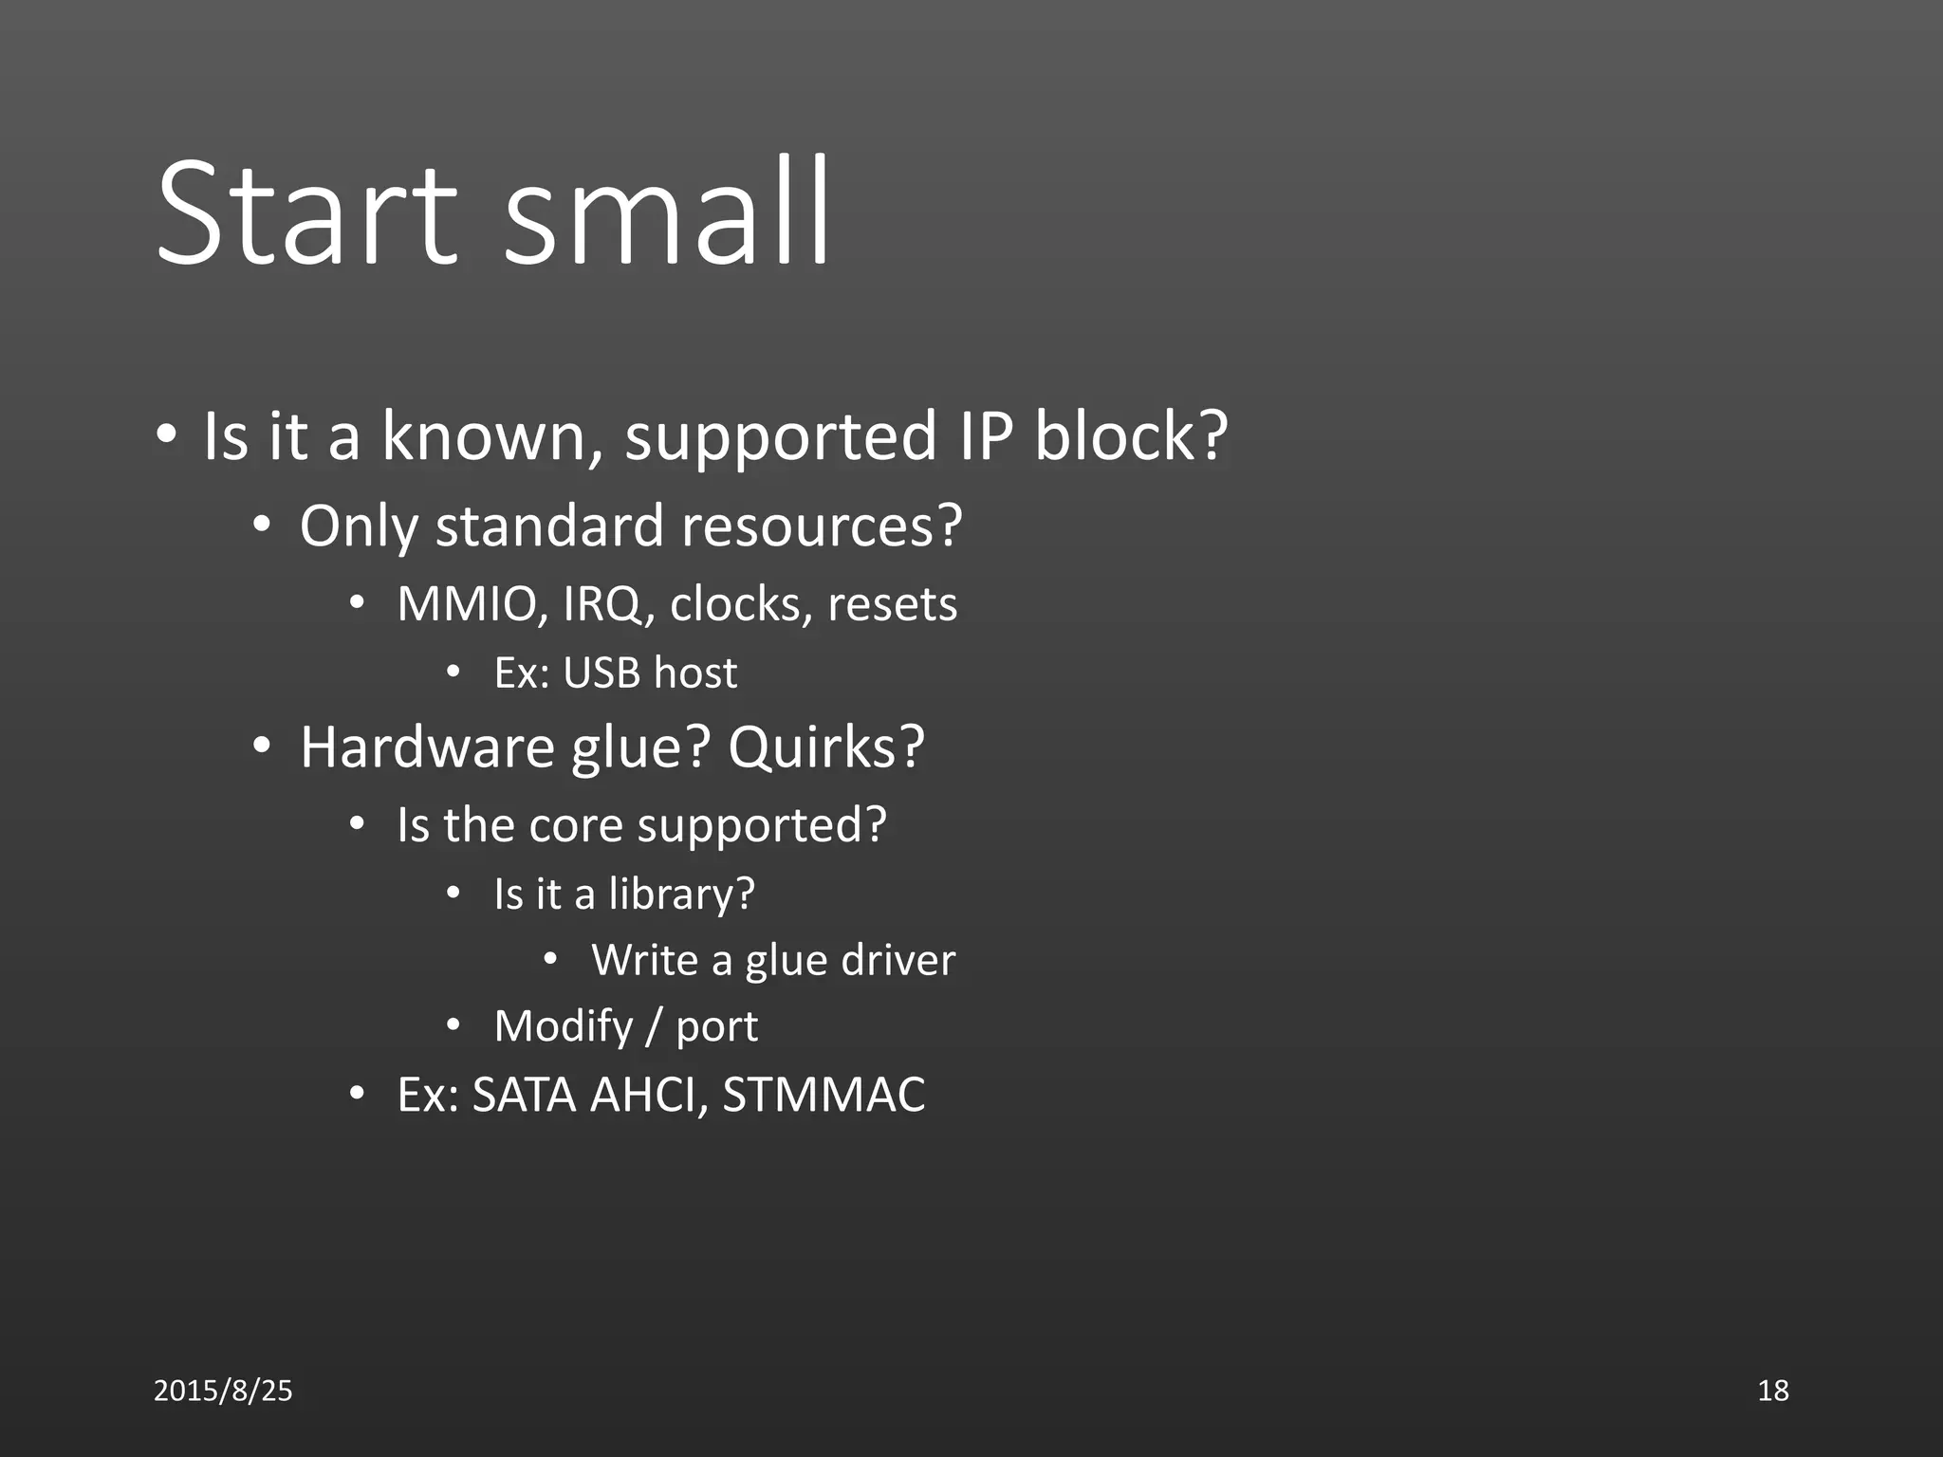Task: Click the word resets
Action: tap(892, 605)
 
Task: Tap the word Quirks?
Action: tap(825, 747)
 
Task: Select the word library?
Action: tap(681, 894)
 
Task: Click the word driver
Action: tap(897, 960)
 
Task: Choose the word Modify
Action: tap(564, 1027)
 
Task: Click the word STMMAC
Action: tap(823, 1096)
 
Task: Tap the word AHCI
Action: tap(648, 1096)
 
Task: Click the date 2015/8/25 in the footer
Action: tap(223, 1391)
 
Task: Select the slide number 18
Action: tap(1772, 1391)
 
